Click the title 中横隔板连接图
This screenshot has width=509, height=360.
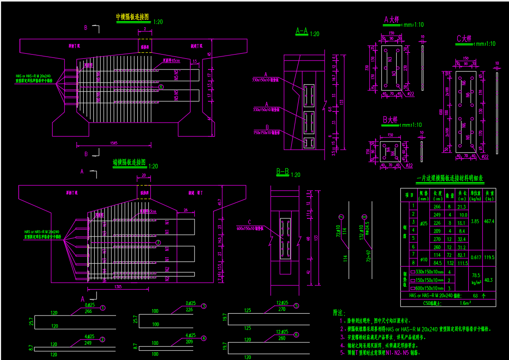pos(133,17)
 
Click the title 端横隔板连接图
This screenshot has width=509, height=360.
pos(129,162)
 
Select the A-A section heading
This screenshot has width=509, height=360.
pos(302,31)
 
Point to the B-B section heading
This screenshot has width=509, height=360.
pos(282,172)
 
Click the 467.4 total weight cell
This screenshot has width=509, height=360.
pos(489,222)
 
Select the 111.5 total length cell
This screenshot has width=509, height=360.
pos(461,263)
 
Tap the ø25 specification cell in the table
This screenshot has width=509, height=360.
pos(423,223)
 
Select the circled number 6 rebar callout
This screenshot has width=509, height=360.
pos(296,334)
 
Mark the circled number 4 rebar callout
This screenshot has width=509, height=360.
pos(202,337)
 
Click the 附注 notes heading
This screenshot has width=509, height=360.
pos(339,313)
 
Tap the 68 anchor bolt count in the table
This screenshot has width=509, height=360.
pos(475,295)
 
